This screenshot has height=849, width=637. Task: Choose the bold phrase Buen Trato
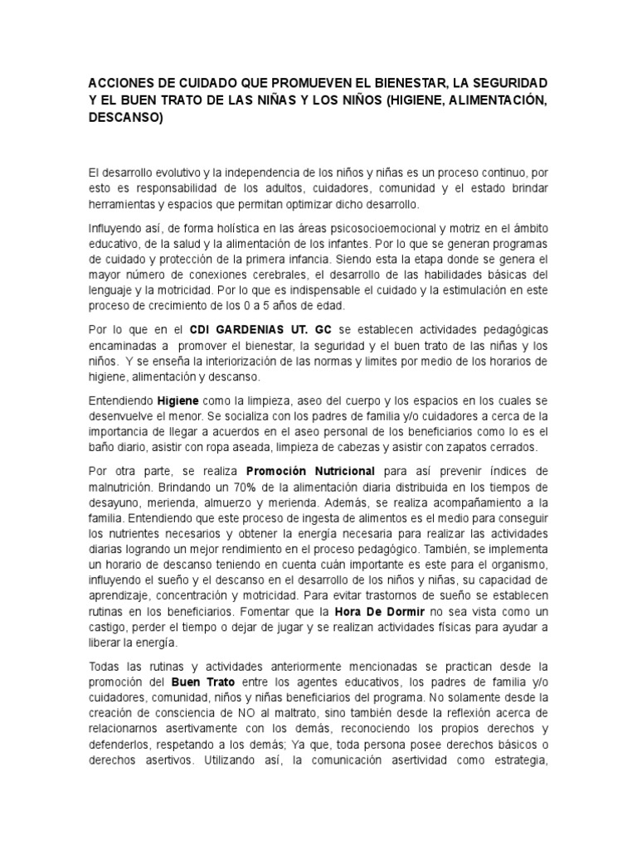[200, 682]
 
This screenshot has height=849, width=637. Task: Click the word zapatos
[478, 447]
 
